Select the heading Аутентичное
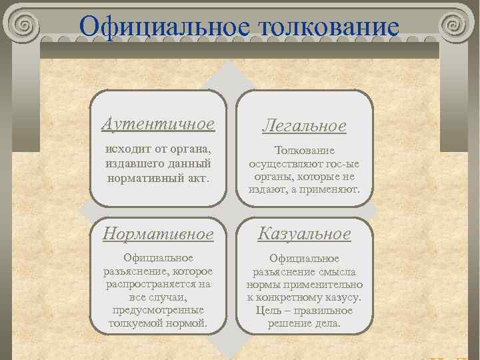pos(158,124)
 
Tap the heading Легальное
pos(304,126)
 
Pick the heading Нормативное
pos(158,234)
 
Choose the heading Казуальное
pos(304,234)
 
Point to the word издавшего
pos(131,163)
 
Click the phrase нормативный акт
pos(158,178)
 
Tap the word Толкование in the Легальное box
pos(304,151)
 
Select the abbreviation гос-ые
pos(339,164)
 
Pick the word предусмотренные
pos(158,311)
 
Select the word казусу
pos(345,298)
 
